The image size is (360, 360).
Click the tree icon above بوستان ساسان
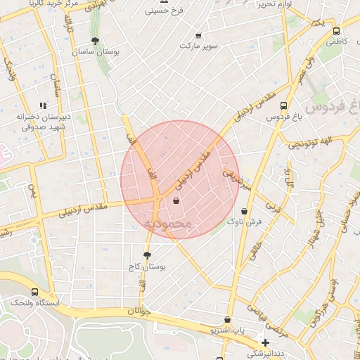tap(95, 41)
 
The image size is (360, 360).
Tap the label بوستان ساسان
tap(96, 52)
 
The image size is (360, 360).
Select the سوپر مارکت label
tap(198, 46)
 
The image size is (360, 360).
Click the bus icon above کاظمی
tap(336, 32)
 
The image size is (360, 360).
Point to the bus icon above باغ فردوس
tap(284, 106)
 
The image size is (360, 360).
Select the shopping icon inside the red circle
tap(176, 201)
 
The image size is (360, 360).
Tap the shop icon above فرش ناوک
tap(244, 210)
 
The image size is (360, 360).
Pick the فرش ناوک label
tap(244, 221)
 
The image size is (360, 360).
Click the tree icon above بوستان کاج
tap(146, 255)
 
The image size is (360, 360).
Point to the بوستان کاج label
tap(146, 266)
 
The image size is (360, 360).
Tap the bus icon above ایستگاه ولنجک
tap(34, 292)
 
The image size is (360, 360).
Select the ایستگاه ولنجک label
tap(34, 303)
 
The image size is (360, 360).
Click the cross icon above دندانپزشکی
tap(265, 342)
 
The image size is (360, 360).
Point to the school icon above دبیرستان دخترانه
tap(43, 106)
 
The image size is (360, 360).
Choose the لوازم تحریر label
tap(255, 4)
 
